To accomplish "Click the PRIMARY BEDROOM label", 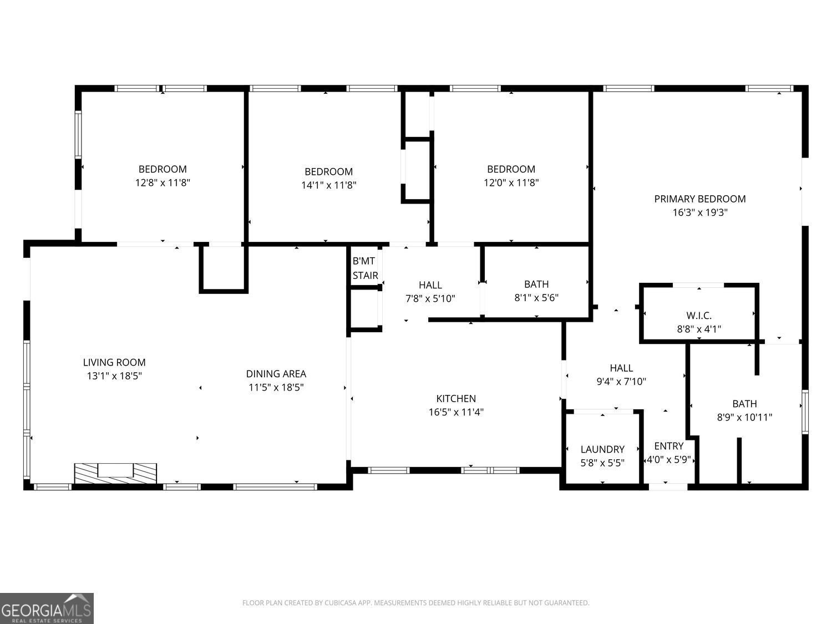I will click(x=699, y=199).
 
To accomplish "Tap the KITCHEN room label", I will click(x=456, y=398).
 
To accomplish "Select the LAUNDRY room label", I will click(x=602, y=449).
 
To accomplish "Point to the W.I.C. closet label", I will click(x=699, y=316).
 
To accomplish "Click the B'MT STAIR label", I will click(x=365, y=268).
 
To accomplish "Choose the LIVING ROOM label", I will click(x=114, y=362).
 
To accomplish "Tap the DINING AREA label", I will click(x=276, y=374).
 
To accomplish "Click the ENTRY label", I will click(x=668, y=446).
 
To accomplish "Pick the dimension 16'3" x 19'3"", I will click(x=699, y=212).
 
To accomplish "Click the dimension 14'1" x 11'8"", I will click(x=328, y=185).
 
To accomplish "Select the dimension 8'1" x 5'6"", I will click(x=536, y=298).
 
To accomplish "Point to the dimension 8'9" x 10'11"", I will click(x=744, y=417).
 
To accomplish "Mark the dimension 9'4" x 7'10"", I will click(x=621, y=382).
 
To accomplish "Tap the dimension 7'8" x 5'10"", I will click(x=430, y=298).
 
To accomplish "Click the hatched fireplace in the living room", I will click(x=115, y=473).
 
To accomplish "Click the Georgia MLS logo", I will click(x=47, y=608).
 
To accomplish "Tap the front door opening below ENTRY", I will click(x=668, y=487).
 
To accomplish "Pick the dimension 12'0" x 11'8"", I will click(x=511, y=182).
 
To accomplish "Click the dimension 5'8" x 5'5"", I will click(x=602, y=463).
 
